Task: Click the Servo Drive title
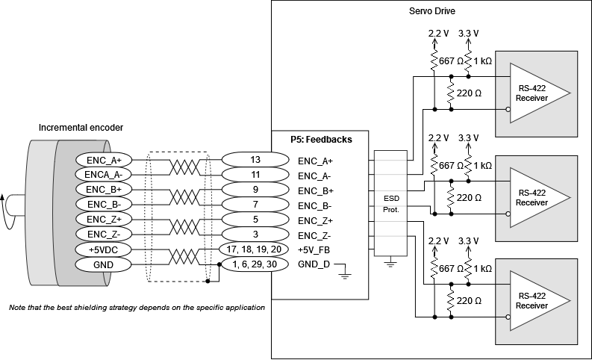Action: [x=431, y=12]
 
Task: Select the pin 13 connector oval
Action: [x=255, y=160]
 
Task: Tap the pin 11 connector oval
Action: [x=255, y=175]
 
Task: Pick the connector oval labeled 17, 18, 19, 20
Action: [x=255, y=249]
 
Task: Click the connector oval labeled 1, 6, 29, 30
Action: [x=255, y=264]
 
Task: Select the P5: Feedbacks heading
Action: [x=321, y=139]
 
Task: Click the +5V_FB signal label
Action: [x=314, y=249]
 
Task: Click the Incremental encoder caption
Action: [x=81, y=128]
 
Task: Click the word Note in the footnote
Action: [x=16, y=307]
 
